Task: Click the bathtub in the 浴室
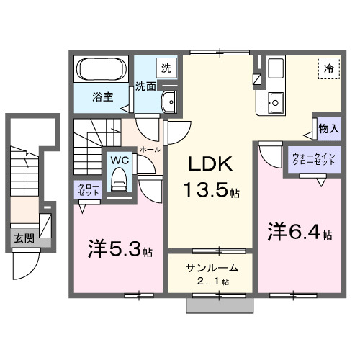101,70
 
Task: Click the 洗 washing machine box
166,69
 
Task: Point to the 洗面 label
146,86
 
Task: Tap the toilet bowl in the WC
120,179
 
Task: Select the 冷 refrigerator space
328,69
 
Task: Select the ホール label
150,149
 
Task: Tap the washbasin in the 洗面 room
170,102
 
